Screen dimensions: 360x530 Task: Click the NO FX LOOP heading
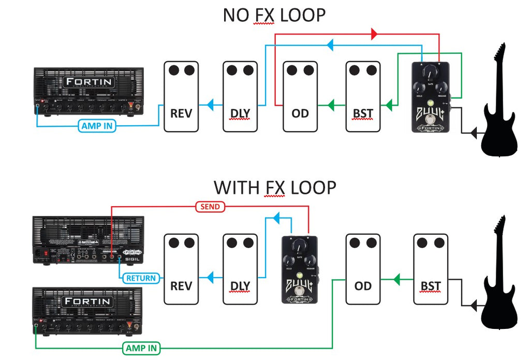point(274,15)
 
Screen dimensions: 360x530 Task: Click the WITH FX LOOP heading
point(275,187)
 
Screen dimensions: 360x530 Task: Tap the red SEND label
point(210,207)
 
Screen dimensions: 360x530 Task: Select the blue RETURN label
point(141,278)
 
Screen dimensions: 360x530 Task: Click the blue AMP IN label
point(97,125)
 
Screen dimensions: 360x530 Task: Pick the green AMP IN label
point(141,348)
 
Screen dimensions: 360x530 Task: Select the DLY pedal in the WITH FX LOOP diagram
point(240,269)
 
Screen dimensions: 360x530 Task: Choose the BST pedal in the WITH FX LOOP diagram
point(431,269)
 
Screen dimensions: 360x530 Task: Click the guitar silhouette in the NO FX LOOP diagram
point(499,104)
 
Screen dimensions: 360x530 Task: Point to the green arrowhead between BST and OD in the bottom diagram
point(396,280)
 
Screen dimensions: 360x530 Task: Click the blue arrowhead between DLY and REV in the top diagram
point(210,106)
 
